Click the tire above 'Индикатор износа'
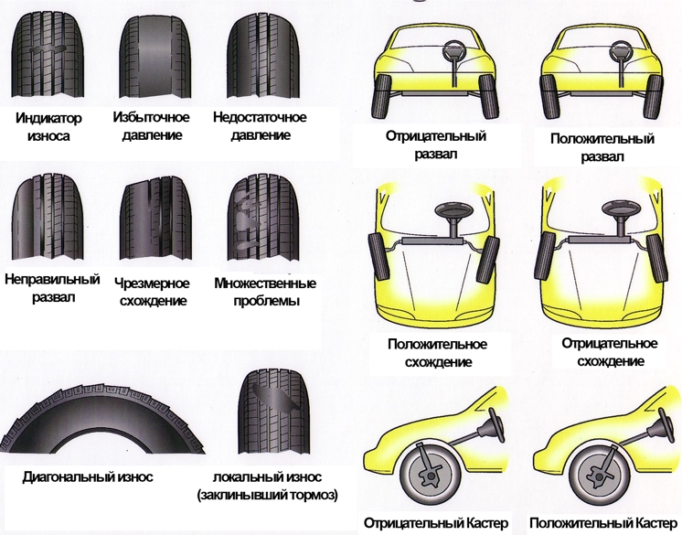point(43,57)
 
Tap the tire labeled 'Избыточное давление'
point(151,57)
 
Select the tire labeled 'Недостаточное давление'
point(259,57)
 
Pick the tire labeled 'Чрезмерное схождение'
point(152,217)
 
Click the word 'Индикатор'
point(49,119)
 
